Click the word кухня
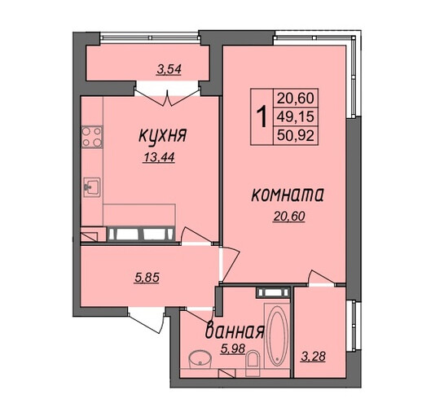(163, 136)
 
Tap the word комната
(288, 195)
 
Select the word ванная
(235, 331)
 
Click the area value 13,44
(159, 157)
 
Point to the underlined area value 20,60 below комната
(289, 217)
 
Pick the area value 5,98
(233, 348)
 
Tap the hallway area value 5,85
(147, 278)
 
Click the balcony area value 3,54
(169, 69)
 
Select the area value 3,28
(313, 357)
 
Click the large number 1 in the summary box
(262, 116)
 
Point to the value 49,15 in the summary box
(296, 116)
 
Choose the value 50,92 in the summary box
(296, 135)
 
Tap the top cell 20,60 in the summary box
(296, 99)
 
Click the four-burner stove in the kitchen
(92, 138)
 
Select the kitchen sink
(92, 187)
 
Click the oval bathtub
(276, 335)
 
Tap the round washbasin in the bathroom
(200, 359)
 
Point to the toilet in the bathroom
(253, 363)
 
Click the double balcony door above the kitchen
(167, 95)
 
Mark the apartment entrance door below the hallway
(147, 320)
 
